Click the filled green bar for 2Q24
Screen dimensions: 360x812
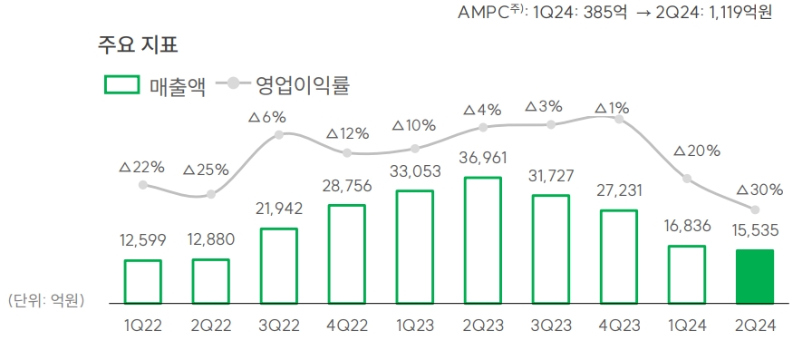tap(755, 276)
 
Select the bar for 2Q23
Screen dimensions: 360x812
tap(482, 239)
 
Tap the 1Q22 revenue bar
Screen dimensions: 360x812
tap(142, 281)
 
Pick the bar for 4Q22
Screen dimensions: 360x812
tap(346, 253)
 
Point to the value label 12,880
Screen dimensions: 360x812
tap(210, 240)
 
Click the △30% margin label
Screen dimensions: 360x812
tap(755, 190)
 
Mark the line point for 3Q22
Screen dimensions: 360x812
tap(278, 134)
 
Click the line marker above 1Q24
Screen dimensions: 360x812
tap(687, 179)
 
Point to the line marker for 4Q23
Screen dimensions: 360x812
tap(619, 118)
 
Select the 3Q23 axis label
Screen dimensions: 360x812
tap(550, 326)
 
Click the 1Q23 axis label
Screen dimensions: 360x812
tap(414, 326)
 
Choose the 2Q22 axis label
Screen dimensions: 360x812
tap(210, 326)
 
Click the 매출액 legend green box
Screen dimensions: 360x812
tap(121, 84)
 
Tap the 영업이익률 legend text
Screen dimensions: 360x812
tap(302, 85)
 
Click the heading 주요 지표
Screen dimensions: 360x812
tap(138, 43)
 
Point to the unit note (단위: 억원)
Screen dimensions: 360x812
tap(45, 300)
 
